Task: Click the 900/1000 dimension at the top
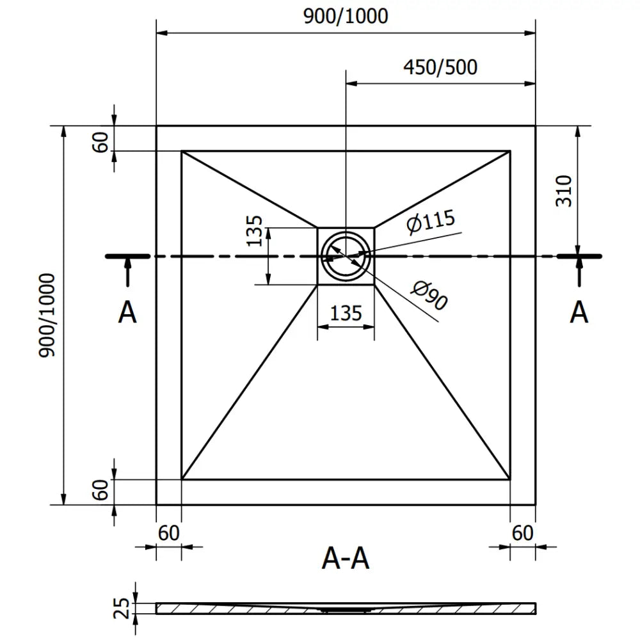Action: coord(346,16)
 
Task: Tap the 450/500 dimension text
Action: coord(440,67)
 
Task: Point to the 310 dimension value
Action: coord(564,190)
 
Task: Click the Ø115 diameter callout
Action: coord(430,221)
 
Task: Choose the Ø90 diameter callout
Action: coord(428,297)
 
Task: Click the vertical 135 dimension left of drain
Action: coord(255,230)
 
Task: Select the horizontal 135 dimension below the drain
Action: coord(346,313)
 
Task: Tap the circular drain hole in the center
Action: coord(346,254)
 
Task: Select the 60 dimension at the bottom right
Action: coord(523,532)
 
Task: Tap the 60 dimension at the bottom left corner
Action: coord(169,532)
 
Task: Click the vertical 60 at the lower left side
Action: coord(100,491)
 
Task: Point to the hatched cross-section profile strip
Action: coord(346,608)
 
